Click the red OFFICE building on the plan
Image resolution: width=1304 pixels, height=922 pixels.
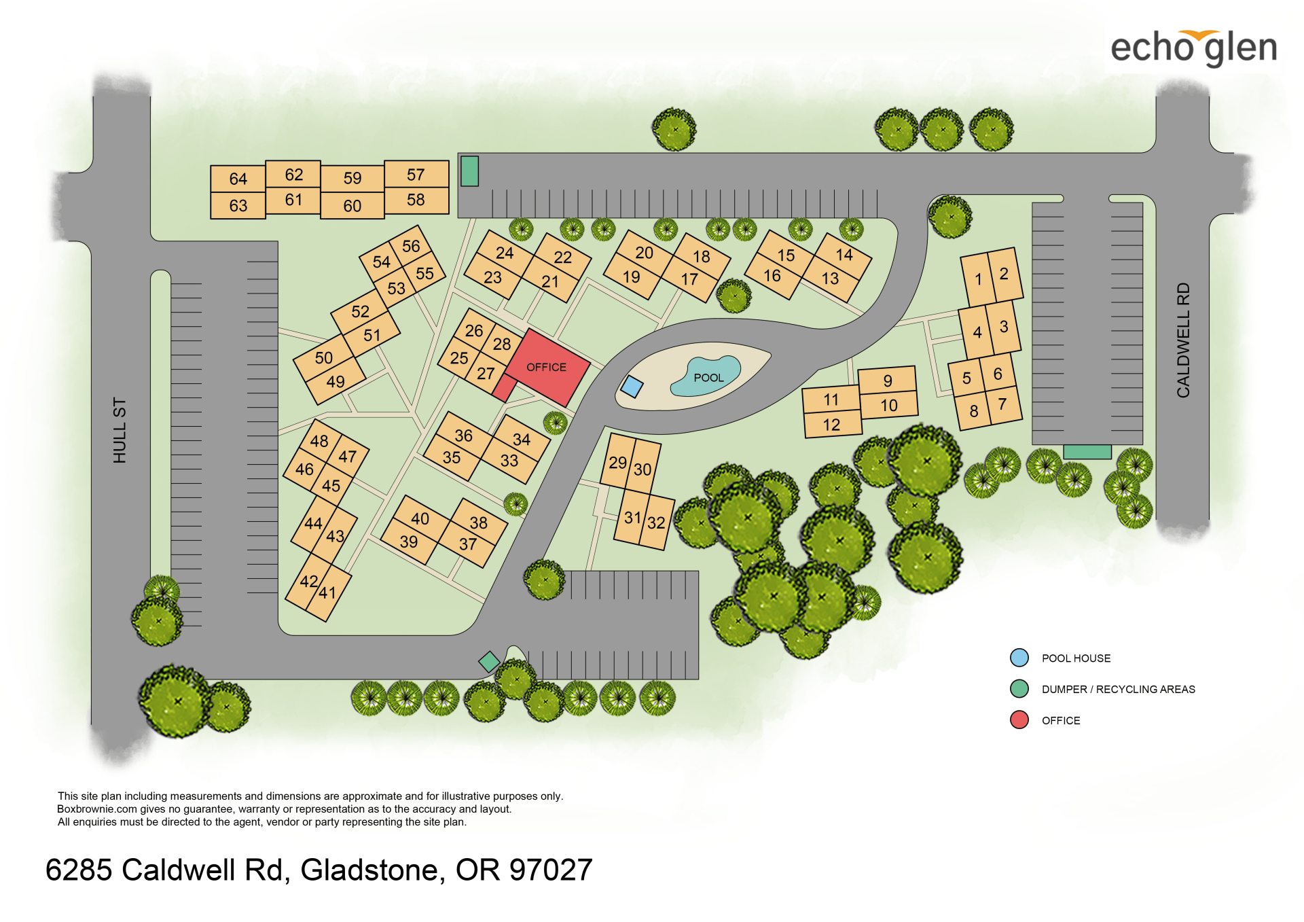(x=547, y=368)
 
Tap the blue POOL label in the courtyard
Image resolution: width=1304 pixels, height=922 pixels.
(x=708, y=378)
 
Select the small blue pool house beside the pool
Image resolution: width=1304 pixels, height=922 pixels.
(x=632, y=387)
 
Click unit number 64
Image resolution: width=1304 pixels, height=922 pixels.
(x=238, y=179)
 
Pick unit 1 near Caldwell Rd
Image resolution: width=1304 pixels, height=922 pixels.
(x=978, y=279)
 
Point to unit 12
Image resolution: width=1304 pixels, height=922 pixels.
(x=831, y=425)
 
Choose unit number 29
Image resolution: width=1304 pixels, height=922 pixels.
(x=617, y=463)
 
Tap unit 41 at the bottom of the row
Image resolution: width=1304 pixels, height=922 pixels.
(x=328, y=592)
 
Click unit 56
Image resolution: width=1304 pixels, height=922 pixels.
(x=411, y=246)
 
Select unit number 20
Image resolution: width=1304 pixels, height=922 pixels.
(x=644, y=253)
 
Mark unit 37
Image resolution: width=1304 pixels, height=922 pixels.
(x=467, y=544)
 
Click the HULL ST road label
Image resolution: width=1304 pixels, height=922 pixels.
(x=120, y=430)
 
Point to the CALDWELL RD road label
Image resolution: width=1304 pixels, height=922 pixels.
(x=1183, y=340)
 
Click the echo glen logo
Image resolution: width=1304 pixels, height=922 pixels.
(x=1193, y=48)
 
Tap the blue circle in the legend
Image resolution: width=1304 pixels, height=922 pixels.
(x=1019, y=658)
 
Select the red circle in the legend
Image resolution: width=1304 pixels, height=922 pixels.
(x=1019, y=720)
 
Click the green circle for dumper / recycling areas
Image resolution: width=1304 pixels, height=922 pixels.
(x=1019, y=689)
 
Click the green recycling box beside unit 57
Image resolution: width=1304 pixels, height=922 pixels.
(x=469, y=171)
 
